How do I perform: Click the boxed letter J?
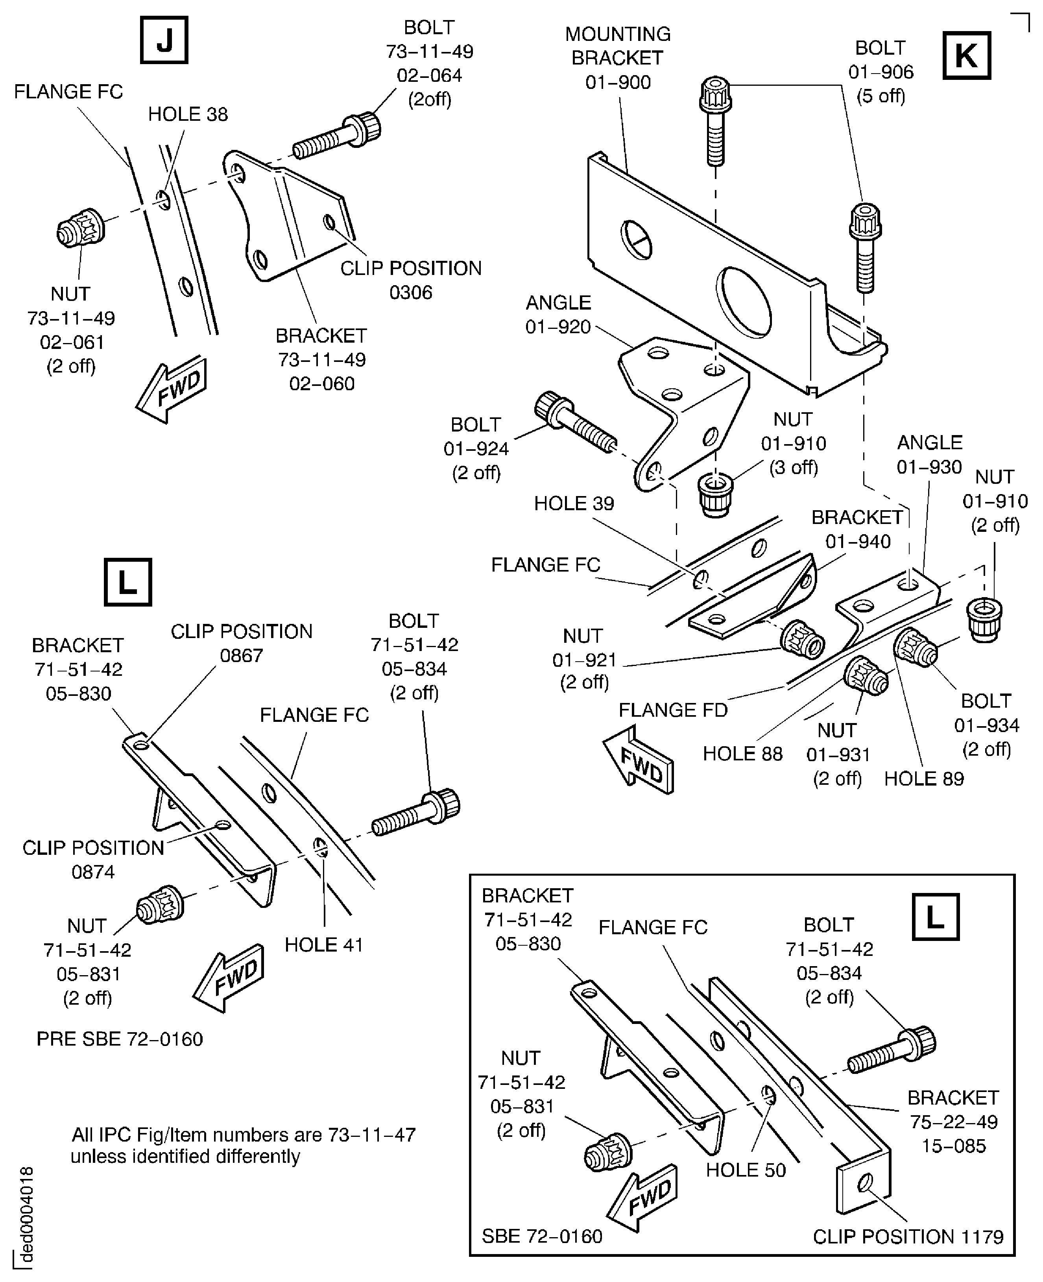164,40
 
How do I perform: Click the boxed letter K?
966,56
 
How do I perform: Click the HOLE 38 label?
188,114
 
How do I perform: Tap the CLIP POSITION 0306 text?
411,280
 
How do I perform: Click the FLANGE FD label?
672,710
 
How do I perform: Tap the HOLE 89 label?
923,778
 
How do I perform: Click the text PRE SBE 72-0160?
120,1039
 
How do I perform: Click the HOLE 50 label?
746,1170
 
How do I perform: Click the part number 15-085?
953,1145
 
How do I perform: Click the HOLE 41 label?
324,945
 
